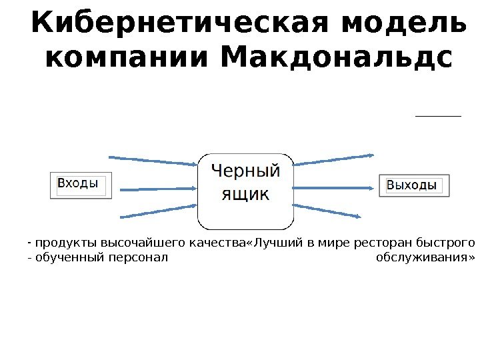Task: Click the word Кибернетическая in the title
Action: [x=181, y=25]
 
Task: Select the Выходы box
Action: [x=414, y=185]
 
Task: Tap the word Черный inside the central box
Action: [x=245, y=171]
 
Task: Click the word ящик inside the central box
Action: [x=245, y=194]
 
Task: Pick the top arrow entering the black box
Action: [x=153, y=160]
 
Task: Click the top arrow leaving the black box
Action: [x=333, y=159]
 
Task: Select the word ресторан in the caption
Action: [x=385, y=241]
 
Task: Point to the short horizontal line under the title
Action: [x=438, y=116]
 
